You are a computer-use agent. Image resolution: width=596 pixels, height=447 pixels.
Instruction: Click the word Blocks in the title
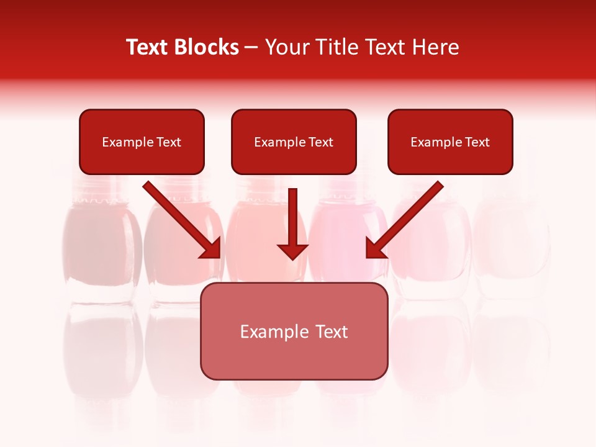(x=208, y=47)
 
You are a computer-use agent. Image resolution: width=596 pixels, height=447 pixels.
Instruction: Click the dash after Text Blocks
(x=252, y=48)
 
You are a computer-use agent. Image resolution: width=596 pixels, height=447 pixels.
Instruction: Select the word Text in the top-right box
(x=477, y=142)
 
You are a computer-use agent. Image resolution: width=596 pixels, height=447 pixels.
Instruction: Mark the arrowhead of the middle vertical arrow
(x=292, y=251)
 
